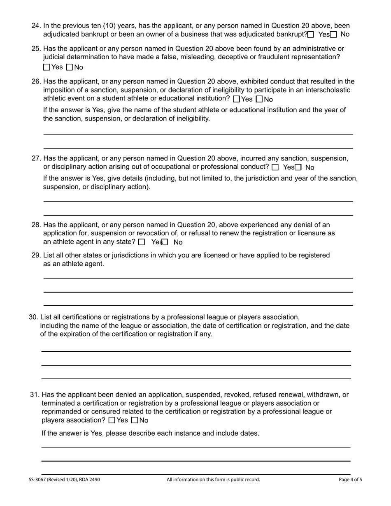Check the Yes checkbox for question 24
311,35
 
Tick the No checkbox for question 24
334,35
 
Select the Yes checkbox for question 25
47,67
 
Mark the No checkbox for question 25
70,67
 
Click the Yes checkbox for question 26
236,99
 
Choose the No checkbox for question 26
259,99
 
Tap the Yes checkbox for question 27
275,167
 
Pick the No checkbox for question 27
298,167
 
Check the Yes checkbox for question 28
142,242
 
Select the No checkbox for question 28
165,242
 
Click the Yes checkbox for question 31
112,420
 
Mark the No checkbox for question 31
135,420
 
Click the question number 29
36,255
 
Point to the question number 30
33,317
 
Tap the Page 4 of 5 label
350,480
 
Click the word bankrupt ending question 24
292,35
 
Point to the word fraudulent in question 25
275,57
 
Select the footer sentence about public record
213,480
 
